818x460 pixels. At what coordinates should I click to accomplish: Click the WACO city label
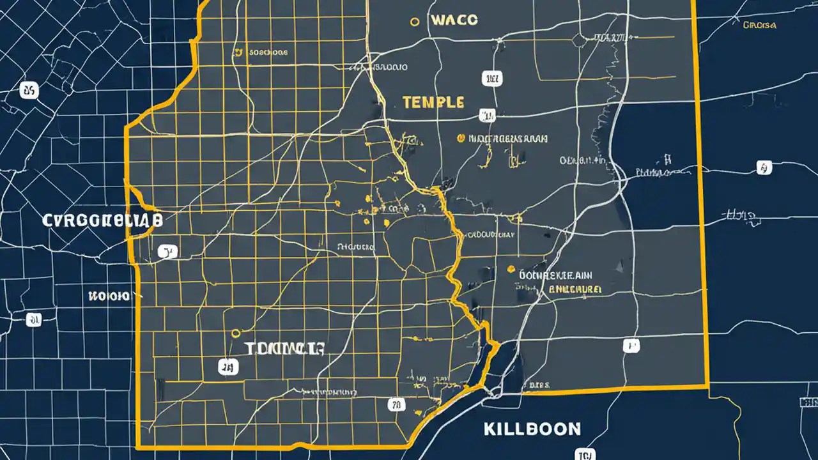454,20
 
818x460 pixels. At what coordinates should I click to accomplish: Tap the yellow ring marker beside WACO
414,21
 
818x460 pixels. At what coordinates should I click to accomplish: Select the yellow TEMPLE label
433,102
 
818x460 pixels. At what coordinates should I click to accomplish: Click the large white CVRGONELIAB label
102,221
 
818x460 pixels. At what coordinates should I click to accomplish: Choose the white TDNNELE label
284,349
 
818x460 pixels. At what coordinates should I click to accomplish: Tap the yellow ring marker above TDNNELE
236,333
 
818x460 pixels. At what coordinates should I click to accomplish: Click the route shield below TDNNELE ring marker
227,366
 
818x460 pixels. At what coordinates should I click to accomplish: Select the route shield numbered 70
396,404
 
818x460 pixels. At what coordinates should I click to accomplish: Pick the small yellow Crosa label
760,26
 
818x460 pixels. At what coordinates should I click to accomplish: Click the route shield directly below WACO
491,79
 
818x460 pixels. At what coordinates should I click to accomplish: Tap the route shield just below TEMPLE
487,116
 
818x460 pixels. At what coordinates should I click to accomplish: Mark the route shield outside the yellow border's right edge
764,167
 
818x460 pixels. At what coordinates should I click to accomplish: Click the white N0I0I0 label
109,296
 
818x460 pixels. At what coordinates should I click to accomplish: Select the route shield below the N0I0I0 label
34,319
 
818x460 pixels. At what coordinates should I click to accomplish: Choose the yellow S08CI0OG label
268,52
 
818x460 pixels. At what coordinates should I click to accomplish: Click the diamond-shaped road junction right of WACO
580,40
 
